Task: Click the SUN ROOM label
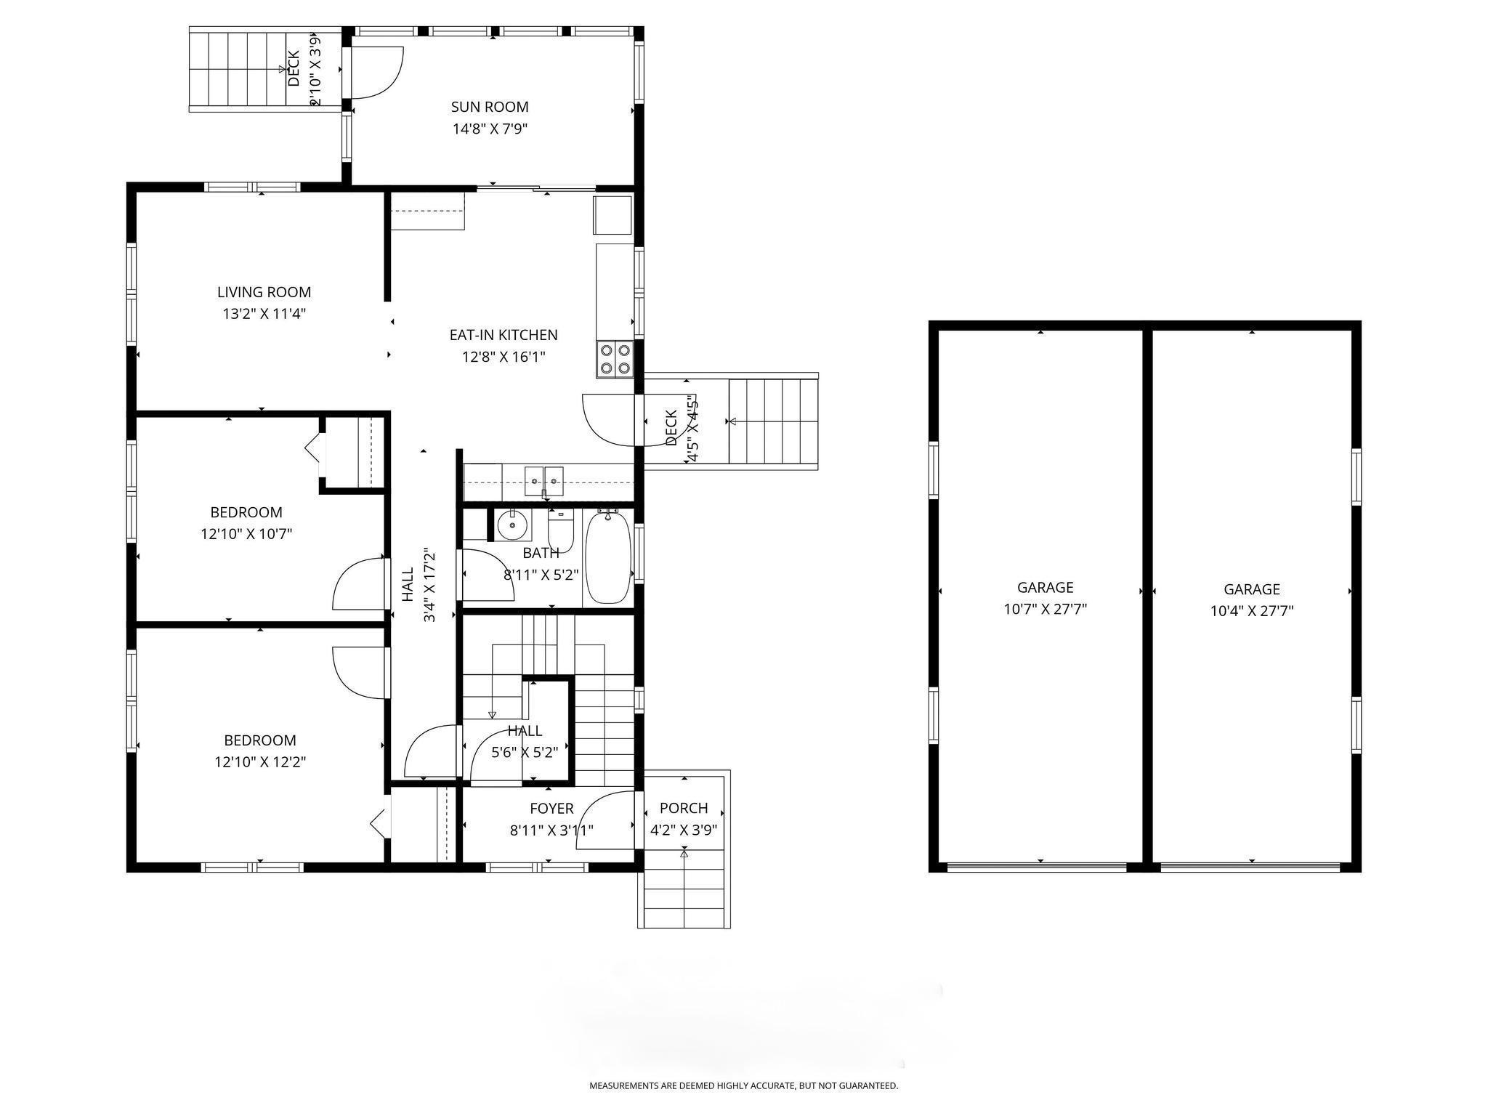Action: click(x=490, y=107)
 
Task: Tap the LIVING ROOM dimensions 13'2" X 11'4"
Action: click(x=264, y=315)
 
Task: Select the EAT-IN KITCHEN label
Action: click(x=504, y=335)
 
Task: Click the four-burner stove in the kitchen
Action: click(x=615, y=359)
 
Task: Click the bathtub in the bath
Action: click(x=607, y=556)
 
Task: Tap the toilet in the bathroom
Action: click(x=561, y=530)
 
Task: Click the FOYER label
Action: click(x=551, y=809)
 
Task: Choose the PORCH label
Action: click(x=684, y=808)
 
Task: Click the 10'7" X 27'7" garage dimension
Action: click(x=1046, y=610)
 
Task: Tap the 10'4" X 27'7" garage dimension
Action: click(x=1252, y=611)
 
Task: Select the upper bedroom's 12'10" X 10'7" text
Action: click(x=246, y=535)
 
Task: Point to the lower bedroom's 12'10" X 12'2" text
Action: click(x=260, y=762)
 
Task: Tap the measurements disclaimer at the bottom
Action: click(x=743, y=1085)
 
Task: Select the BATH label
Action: click(x=541, y=554)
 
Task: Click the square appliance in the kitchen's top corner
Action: click(x=612, y=215)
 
